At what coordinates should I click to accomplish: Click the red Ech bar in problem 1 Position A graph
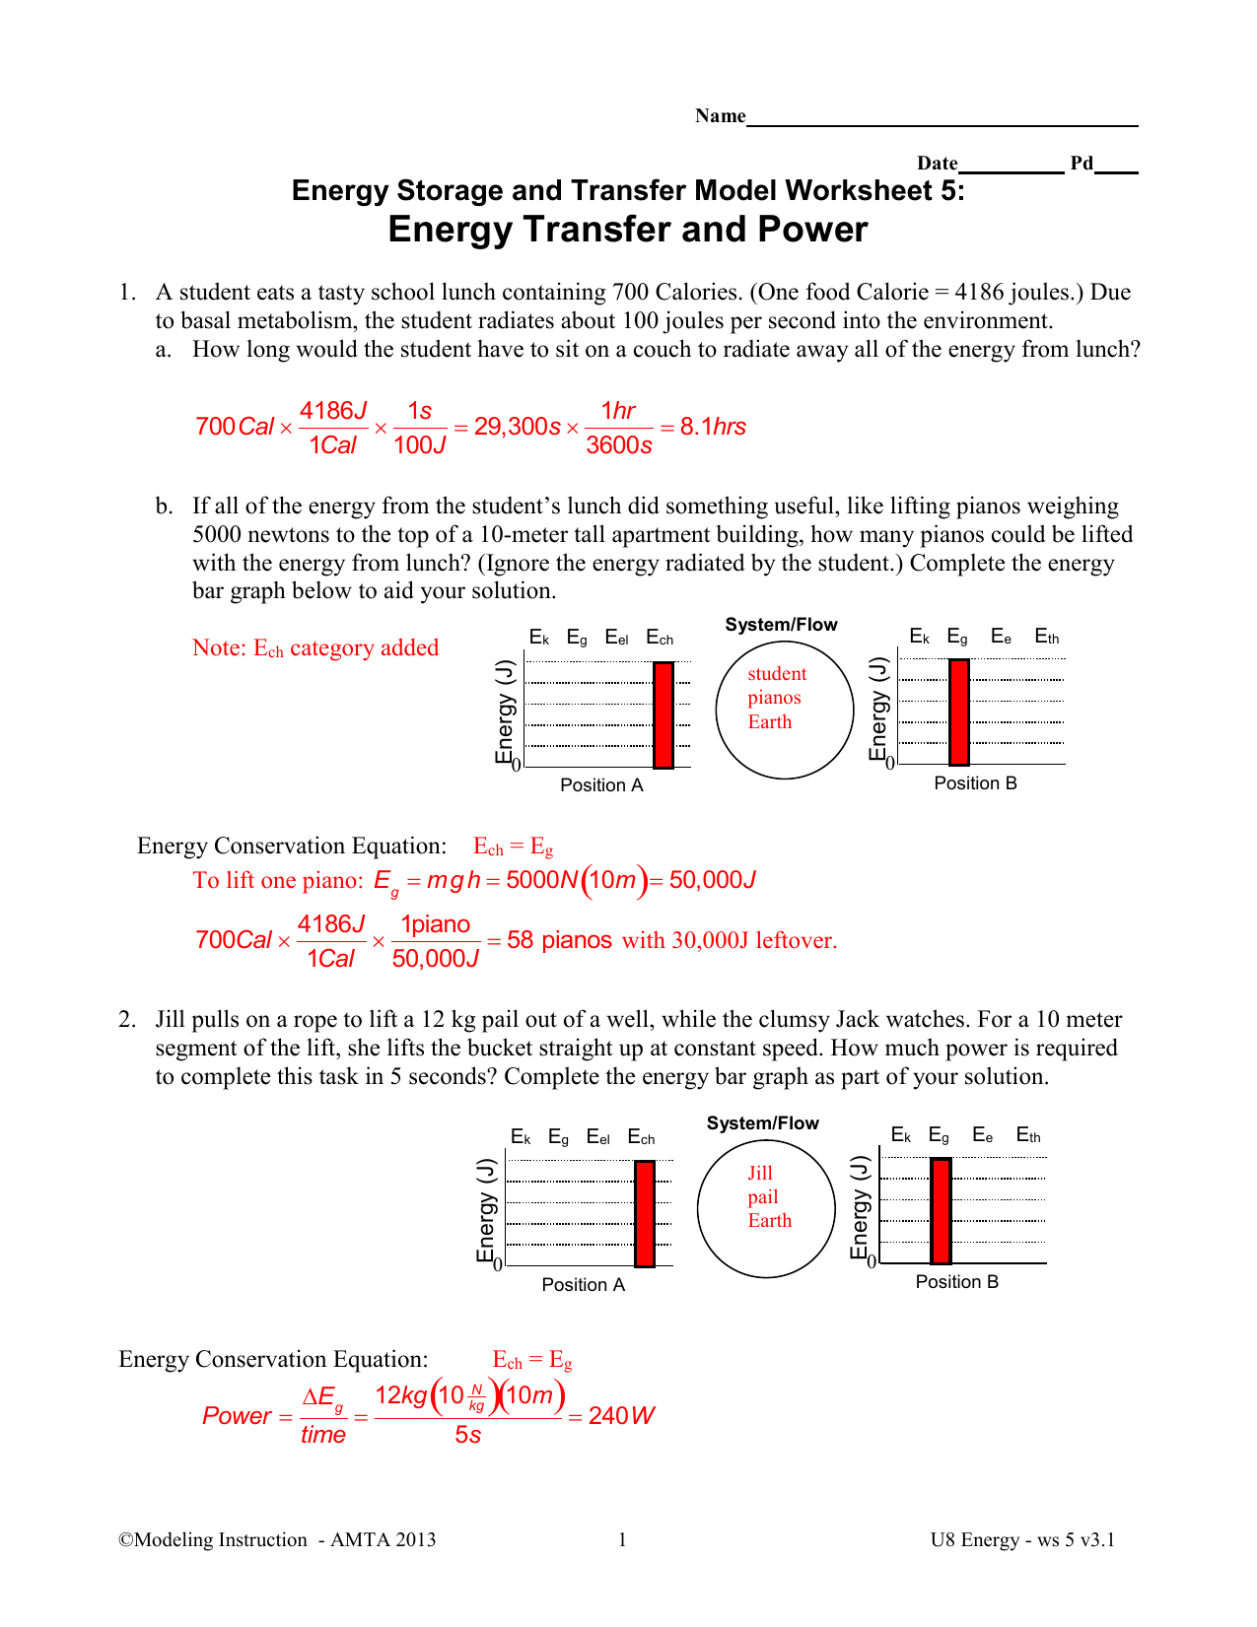pos(663,715)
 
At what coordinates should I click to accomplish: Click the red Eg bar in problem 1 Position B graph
pos(959,712)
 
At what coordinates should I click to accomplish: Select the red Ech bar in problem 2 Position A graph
pos(644,1214)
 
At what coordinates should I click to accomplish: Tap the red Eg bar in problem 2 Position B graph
pos(941,1211)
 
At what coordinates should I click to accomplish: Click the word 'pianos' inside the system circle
pos(774,698)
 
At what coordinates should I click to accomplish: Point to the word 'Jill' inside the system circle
pos(759,1173)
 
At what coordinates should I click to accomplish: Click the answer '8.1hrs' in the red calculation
pos(713,427)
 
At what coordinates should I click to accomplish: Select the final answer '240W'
pos(621,1416)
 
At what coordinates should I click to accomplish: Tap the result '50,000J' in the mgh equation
pos(713,880)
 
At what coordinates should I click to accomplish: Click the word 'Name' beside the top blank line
pos(720,115)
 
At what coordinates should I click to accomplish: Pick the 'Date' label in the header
pos(938,164)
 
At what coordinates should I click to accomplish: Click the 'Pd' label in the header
pos(1082,164)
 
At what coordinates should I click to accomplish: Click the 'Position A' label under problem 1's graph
pos(601,784)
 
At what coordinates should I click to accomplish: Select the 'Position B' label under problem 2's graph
pos(956,1282)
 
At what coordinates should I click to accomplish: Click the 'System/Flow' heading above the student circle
pos(781,625)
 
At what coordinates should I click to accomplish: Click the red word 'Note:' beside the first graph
pos(220,647)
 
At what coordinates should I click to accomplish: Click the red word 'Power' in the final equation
pos(237,1416)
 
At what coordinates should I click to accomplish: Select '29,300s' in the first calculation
pos(517,427)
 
